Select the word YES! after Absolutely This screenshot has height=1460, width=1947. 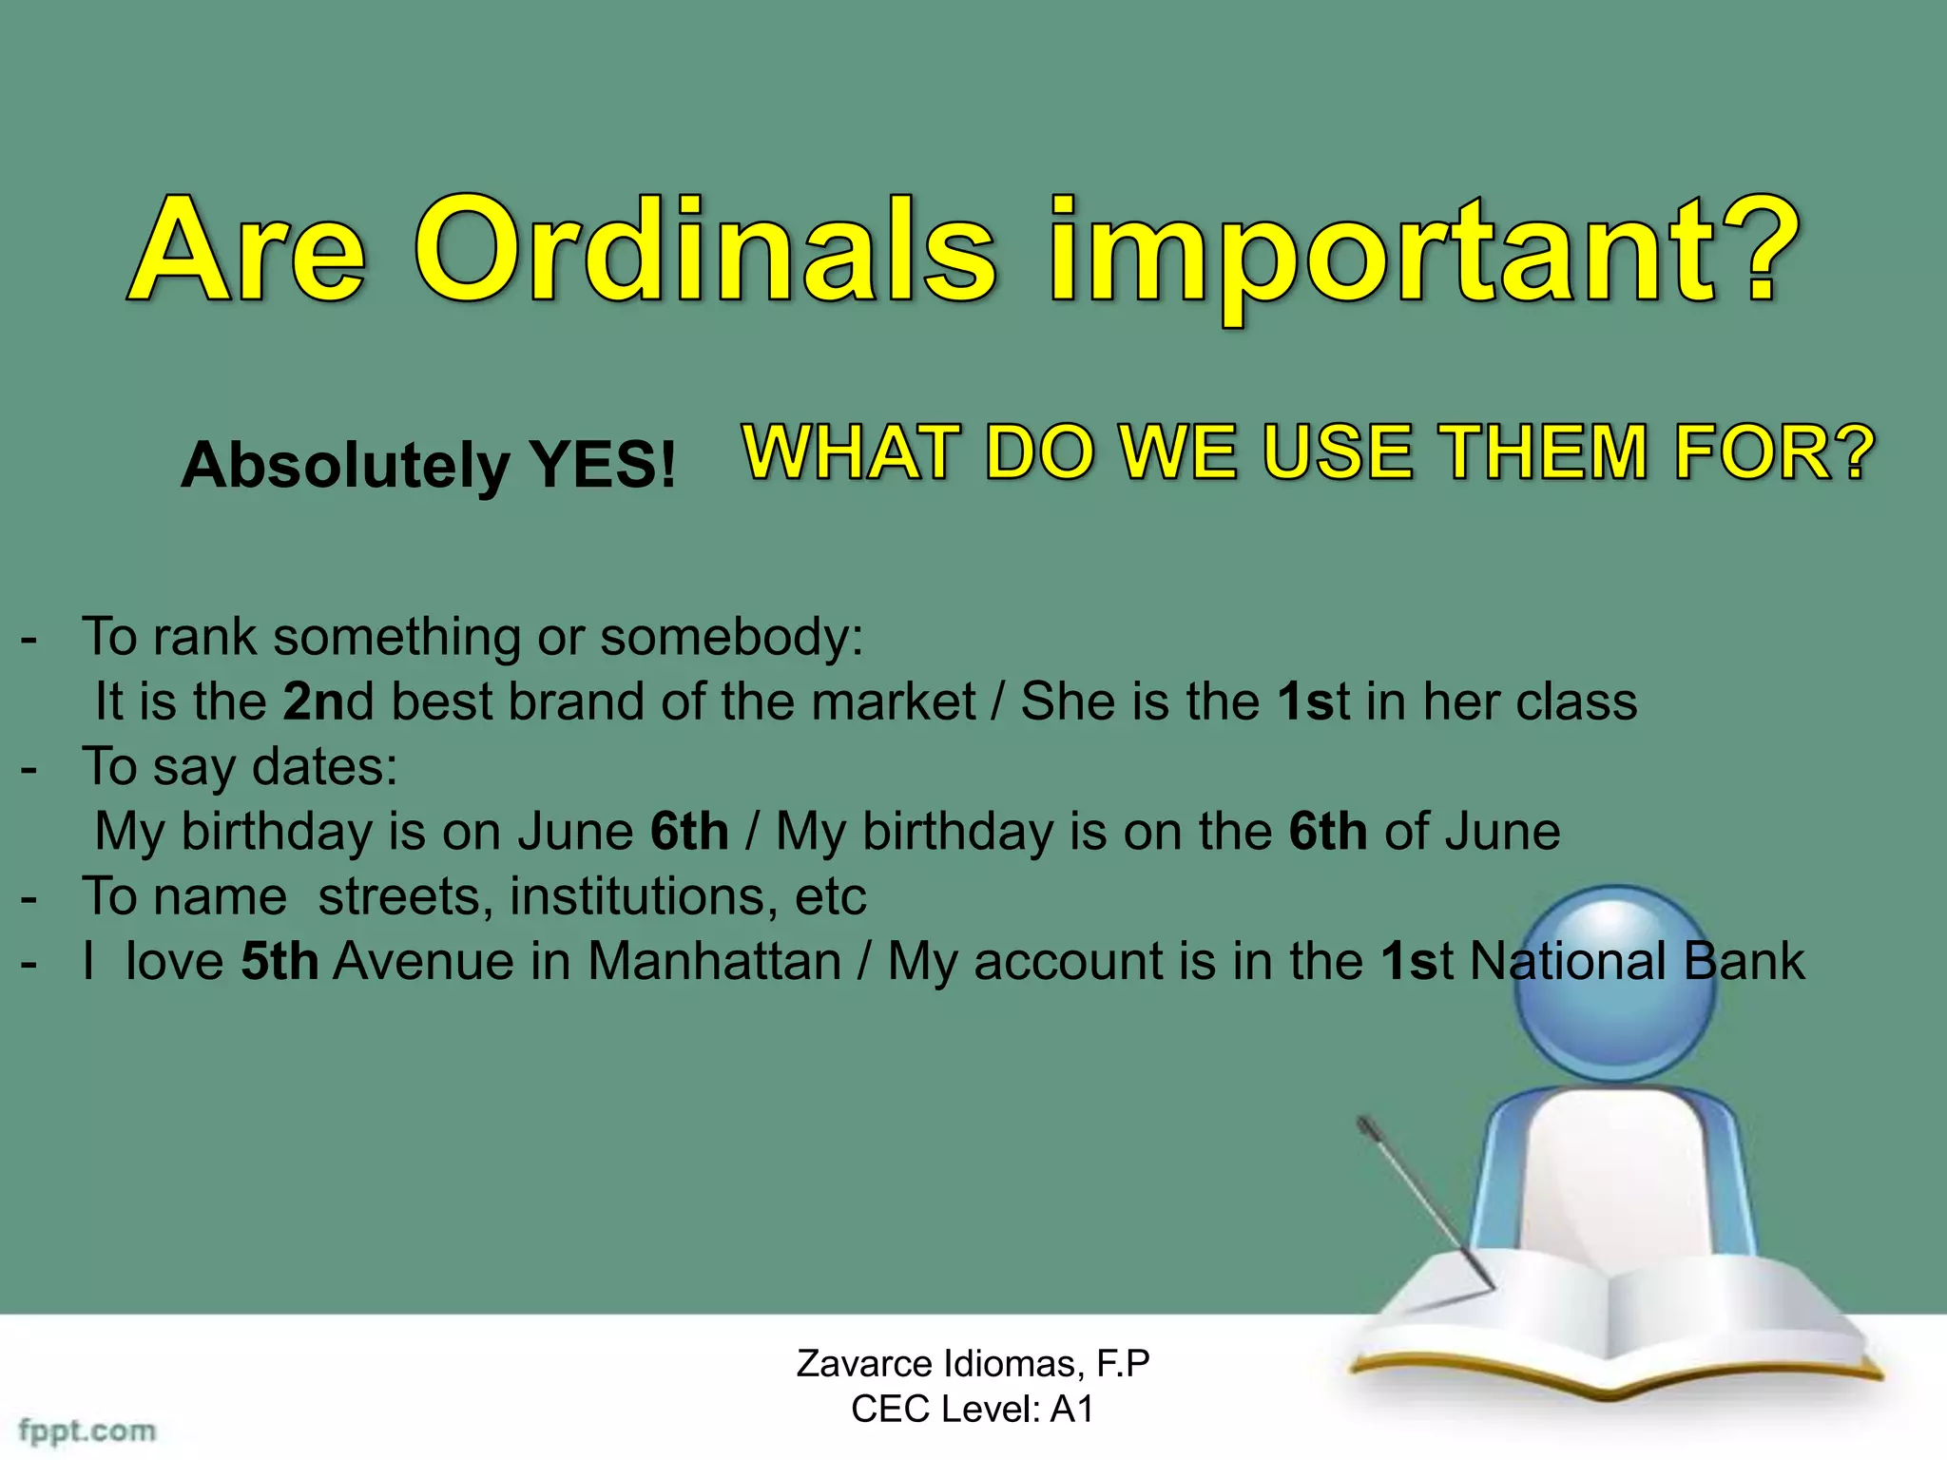coord(603,465)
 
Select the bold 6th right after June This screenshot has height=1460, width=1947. coord(689,832)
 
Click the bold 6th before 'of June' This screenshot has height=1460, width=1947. coord(1327,832)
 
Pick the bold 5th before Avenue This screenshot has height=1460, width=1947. coord(280,961)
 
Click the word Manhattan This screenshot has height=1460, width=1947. coord(714,961)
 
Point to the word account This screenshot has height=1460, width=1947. coord(1094,961)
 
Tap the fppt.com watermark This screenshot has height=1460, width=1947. coord(87,1430)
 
